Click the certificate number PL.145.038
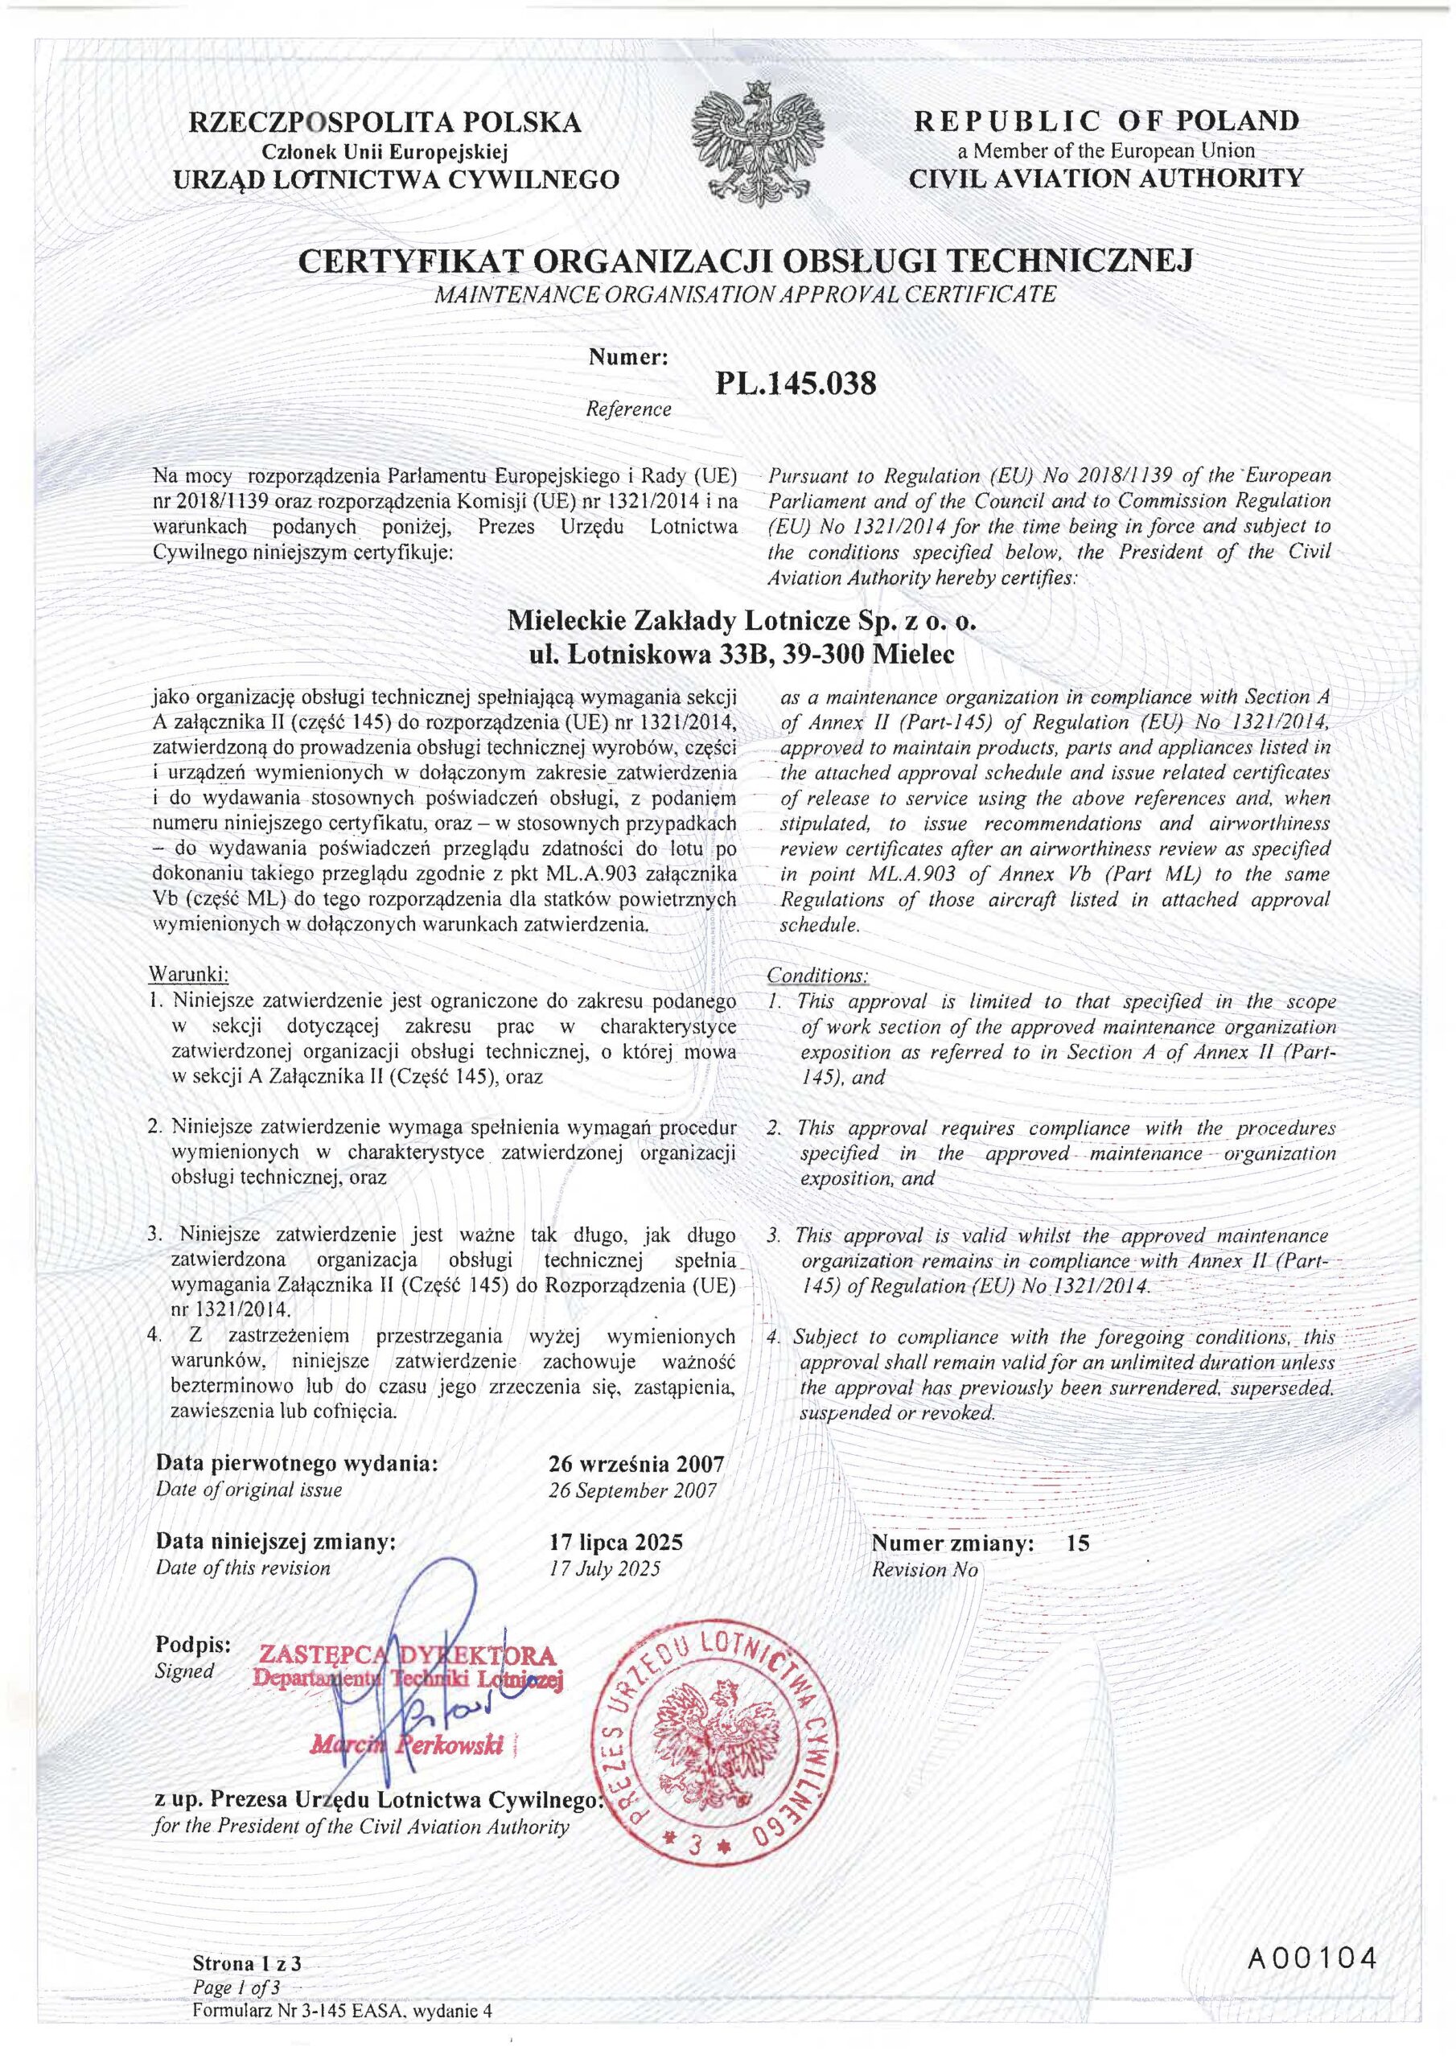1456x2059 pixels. pos(794,383)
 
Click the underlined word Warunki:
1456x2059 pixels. pos(188,974)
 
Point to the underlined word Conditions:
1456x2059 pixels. pos(817,975)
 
